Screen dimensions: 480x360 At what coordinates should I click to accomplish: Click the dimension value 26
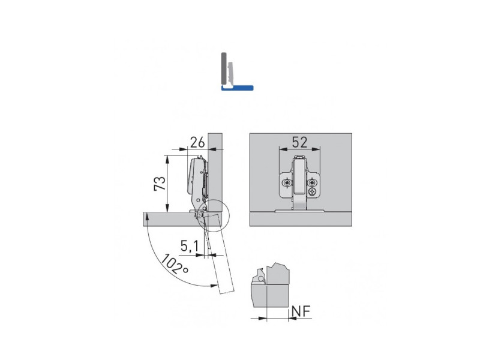(x=197, y=142)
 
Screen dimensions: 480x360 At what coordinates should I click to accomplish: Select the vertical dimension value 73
(x=160, y=184)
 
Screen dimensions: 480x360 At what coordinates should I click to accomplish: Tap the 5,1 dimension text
(x=190, y=246)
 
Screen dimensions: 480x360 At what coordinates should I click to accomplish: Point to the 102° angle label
(x=175, y=263)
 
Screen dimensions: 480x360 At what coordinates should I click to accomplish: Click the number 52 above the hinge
(x=299, y=142)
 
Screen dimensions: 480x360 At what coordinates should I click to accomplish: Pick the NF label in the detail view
(x=301, y=311)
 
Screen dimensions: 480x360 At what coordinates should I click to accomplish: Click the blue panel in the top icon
(x=237, y=88)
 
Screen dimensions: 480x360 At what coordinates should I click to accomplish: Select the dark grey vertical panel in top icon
(x=224, y=68)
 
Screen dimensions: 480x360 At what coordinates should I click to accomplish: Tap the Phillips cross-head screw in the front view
(x=312, y=192)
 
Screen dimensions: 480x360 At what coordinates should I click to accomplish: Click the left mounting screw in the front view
(x=287, y=183)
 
